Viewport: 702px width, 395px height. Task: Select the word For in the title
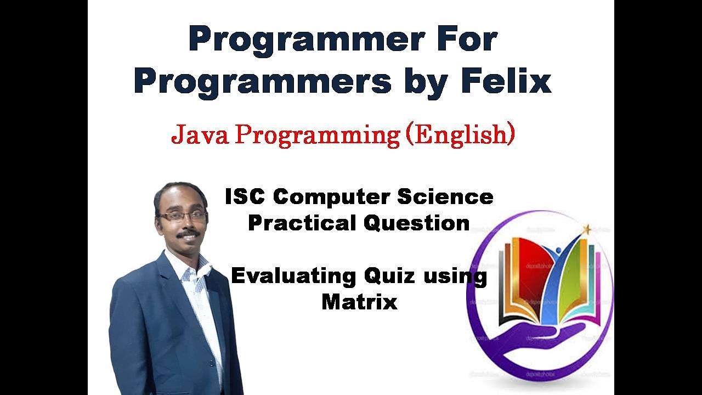(x=467, y=39)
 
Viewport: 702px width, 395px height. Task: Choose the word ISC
(x=247, y=197)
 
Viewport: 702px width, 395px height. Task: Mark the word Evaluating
(x=293, y=275)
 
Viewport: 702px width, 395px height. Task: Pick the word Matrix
(x=359, y=301)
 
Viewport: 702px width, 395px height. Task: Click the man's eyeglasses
(x=182, y=217)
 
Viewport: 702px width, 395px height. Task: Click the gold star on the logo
(x=587, y=229)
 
